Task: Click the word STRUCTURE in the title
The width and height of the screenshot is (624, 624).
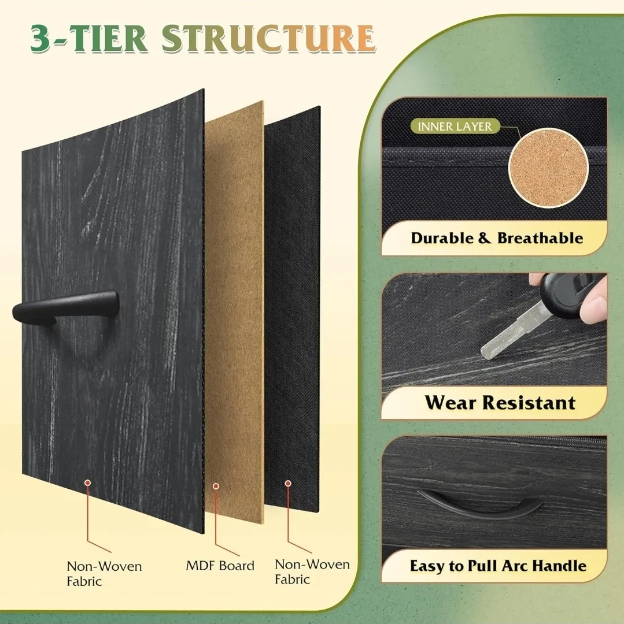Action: tap(268, 39)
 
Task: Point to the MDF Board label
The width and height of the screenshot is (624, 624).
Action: tap(220, 565)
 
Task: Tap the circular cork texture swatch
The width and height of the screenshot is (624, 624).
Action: tap(548, 168)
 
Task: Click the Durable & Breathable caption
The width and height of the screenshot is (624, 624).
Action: tap(497, 238)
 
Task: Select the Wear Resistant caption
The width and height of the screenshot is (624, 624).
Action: tap(500, 402)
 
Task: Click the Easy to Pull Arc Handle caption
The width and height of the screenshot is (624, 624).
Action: tap(498, 566)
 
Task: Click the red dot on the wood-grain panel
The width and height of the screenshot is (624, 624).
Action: tap(87, 481)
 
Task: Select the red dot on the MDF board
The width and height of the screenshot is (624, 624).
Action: tap(216, 486)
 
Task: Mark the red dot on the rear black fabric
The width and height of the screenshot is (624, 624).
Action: tap(288, 483)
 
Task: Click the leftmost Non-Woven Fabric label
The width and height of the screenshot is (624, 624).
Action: tap(104, 573)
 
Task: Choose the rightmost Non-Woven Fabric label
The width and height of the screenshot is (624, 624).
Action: tap(312, 571)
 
